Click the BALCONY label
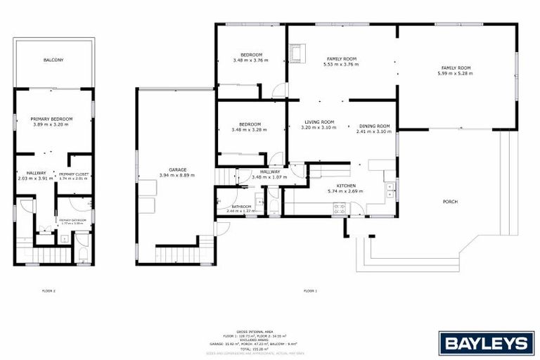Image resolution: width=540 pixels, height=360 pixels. (x=53, y=60)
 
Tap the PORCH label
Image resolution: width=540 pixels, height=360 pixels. (x=450, y=202)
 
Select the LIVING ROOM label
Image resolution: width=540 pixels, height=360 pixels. (x=318, y=122)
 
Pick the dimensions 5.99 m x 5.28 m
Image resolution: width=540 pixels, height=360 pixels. (x=455, y=73)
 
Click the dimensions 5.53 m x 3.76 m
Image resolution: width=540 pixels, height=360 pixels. (x=341, y=64)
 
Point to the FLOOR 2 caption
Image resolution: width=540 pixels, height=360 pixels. (x=49, y=290)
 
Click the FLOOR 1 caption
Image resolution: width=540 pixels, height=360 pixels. (x=310, y=290)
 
